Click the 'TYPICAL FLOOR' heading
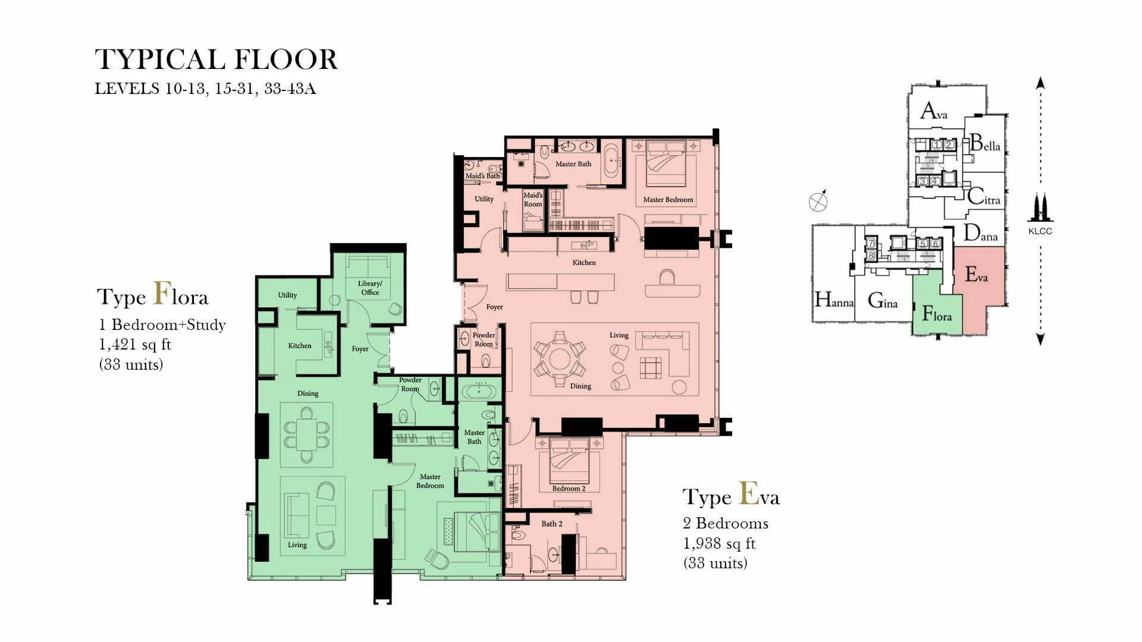(216, 60)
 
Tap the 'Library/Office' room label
(370, 288)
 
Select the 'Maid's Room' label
(533, 200)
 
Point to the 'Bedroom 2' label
(569, 489)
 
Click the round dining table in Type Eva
(559, 359)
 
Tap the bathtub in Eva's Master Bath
(611, 160)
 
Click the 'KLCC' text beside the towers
(1040, 231)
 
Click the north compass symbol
(818, 202)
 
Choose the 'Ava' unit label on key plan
(934, 111)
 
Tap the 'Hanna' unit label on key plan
(834, 300)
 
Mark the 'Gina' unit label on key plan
(883, 301)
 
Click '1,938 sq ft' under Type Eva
(719, 543)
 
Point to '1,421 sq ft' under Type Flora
(135, 344)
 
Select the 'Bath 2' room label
(551, 524)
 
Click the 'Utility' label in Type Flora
(287, 295)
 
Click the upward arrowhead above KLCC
(1040, 83)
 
